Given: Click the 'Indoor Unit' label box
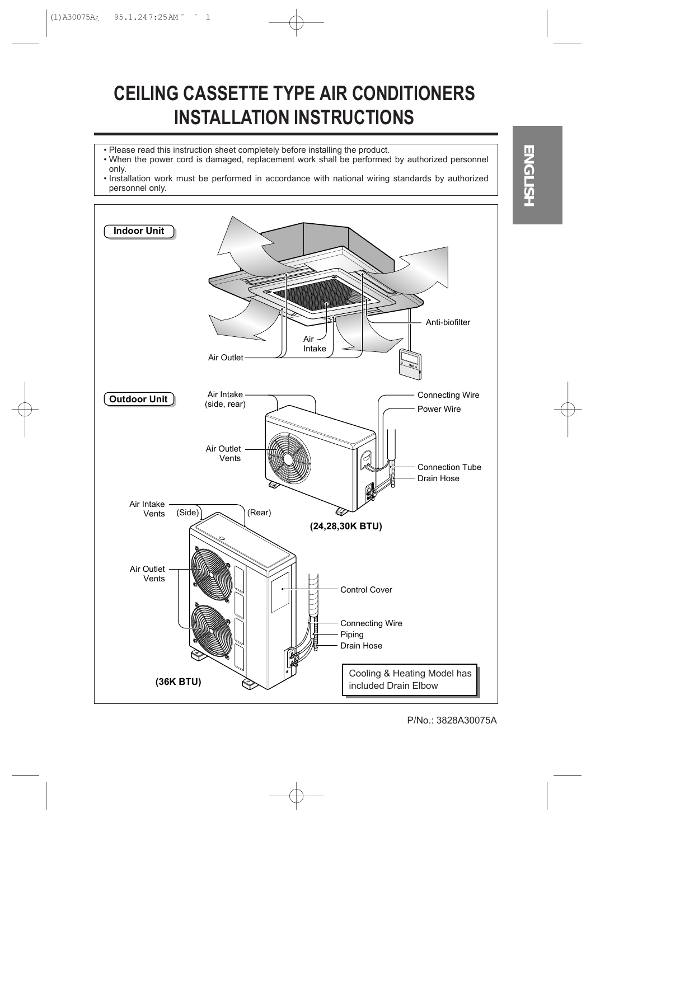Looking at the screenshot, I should (139, 231).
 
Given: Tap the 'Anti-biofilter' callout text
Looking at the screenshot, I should (448, 322).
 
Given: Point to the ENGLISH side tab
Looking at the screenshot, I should (537, 175).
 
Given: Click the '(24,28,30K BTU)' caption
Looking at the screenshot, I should (346, 527).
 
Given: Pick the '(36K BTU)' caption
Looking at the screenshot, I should (178, 682).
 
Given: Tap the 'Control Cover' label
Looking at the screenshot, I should (366, 590).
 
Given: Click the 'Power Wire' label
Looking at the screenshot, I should (439, 409).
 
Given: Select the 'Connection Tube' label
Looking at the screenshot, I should (449, 467).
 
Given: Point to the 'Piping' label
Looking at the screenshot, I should (351, 635).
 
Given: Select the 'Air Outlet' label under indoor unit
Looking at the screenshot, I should (226, 358).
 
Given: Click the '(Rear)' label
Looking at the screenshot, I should (259, 513).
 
